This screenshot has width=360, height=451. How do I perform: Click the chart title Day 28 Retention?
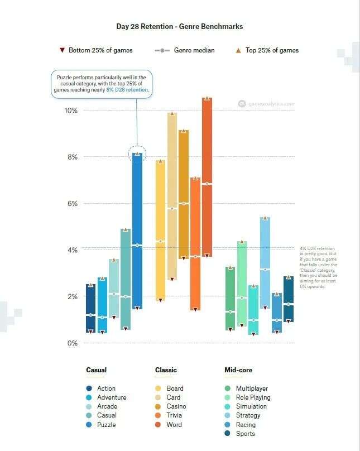[179, 26]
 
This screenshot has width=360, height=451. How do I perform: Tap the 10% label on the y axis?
[70, 111]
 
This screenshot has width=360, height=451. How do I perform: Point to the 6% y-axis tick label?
[72, 204]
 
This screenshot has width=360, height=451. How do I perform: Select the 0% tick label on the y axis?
[72, 343]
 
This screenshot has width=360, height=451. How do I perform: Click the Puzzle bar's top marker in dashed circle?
[137, 153]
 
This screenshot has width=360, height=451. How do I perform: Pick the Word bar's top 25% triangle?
[207, 98]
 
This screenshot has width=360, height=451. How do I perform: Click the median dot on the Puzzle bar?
[137, 245]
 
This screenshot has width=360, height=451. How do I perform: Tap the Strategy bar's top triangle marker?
[265, 218]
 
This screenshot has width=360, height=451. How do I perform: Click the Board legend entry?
[175, 388]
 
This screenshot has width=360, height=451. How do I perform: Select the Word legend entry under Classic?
[174, 425]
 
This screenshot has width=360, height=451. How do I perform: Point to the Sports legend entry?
[245, 434]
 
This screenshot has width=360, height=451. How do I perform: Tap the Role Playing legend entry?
[253, 397]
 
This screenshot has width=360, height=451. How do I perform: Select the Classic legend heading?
[166, 370]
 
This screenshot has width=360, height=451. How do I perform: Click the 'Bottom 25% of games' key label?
[100, 50]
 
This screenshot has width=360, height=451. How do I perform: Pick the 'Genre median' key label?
[194, 50]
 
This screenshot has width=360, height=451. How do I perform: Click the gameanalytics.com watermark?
[270, 103]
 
